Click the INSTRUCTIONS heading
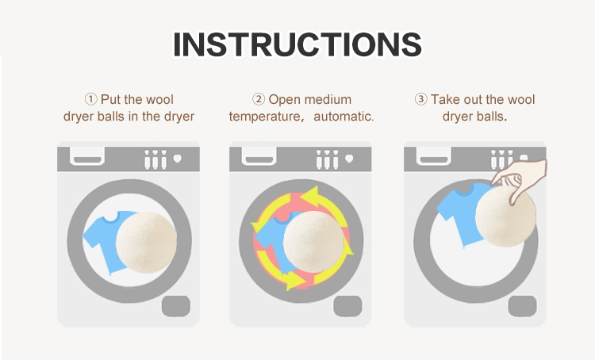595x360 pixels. tap(297, 44)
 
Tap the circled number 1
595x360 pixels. tap(90, 99)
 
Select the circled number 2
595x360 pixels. tap(259, 99)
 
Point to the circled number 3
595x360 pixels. tap(420, 99)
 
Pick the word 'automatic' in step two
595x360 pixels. tap(344, 117)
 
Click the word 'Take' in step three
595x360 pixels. tap(443, 99)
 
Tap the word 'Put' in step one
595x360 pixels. tap(110, 99)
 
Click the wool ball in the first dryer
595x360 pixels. tap(146, 243)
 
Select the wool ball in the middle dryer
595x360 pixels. tap(314, 242)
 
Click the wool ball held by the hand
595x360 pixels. tap(505, 216)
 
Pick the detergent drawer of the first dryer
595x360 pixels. tap(87, 157)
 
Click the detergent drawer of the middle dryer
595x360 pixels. tap(259, 157)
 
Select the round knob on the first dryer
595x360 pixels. tap(177, 158)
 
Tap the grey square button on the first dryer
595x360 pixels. tap(176, 306)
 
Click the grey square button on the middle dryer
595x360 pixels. tap(348, 306)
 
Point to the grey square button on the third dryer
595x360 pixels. tap(523, 306)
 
